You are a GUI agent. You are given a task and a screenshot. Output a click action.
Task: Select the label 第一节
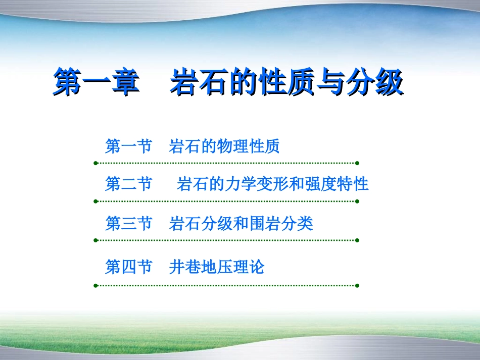click(128, 147)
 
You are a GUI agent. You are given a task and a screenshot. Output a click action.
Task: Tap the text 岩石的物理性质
click(224, 147)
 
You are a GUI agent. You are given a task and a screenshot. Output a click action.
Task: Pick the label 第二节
click(128, 184)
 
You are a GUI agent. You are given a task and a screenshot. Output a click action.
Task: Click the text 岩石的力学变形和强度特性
click(273, 184)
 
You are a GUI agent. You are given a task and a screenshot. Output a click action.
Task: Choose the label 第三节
click(128, 223)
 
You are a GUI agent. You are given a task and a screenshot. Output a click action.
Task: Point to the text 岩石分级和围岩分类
click(241, 223)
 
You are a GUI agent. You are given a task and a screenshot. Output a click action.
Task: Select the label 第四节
click(128, 267)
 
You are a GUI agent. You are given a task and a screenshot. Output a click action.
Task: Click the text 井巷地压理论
click(217, 267)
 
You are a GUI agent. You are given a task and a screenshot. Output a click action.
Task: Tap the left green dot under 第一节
click(95, 163)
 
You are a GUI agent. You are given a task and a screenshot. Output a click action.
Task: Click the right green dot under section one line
click(357, 163)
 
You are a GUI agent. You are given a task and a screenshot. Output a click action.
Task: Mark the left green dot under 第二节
click(95, 201)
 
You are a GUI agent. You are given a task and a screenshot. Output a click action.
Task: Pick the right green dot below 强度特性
click(357, 201)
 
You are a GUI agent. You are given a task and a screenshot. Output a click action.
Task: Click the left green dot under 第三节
click(95, 240)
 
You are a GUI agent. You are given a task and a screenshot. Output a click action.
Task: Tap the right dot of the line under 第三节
click(357, 240)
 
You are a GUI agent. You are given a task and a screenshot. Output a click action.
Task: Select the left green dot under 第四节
click(95, 285)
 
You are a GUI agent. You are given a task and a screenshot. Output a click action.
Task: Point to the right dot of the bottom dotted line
click(357, 285)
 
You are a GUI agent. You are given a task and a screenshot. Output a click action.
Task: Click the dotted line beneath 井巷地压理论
click(226, 285)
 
